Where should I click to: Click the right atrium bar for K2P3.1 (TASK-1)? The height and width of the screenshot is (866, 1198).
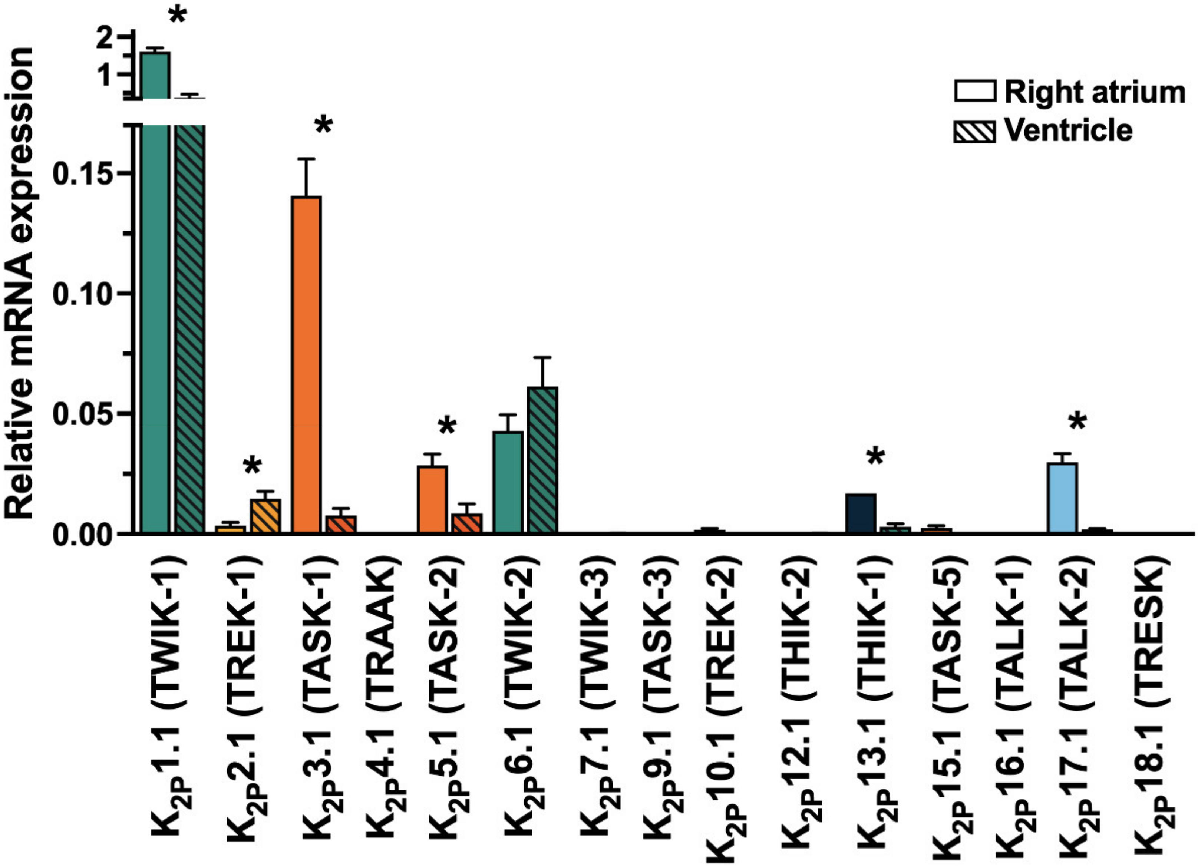coord(306,364)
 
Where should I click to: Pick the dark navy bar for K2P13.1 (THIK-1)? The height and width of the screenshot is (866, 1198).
coord(861,513)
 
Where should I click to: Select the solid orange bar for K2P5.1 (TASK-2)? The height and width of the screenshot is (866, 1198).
coord(432,499)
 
